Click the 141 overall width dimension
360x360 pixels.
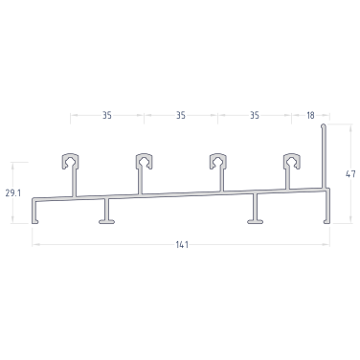click(x=182, y=245)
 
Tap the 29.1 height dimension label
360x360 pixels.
click(x=13, y=192)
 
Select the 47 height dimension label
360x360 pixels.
click(x=350, y=174)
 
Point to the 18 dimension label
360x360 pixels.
click(x=310, y=115)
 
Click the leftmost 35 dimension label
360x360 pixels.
click(x=107, y=115)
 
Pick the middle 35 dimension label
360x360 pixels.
click(x=181, y=115)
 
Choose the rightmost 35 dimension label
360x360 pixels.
click(x=255, y=115)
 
